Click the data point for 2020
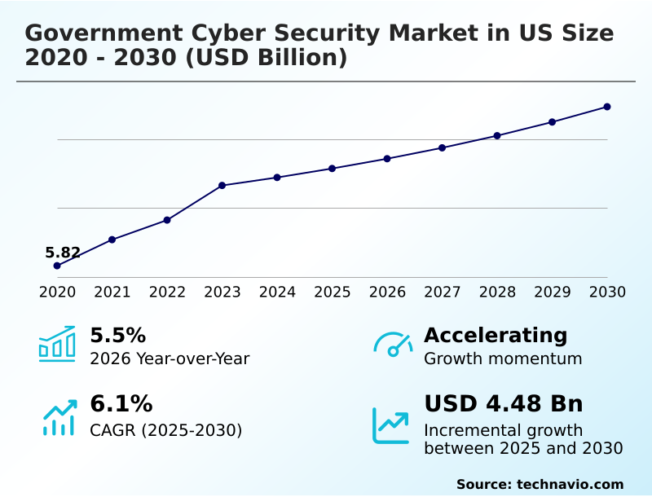[57, 266]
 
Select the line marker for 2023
[222, 186]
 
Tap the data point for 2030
[607, 107]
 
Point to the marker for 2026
[387, 159]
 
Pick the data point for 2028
[497, 135]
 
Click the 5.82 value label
[63, 253]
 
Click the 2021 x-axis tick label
[112, 292]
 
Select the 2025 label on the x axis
[333, 292]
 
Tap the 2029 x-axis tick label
[553, 292]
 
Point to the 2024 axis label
[277, 292]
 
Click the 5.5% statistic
[117, 336]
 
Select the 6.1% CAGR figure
[121, 404]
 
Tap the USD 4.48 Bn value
[504, 404]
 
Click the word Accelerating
[496, 336]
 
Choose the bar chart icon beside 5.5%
[57, 345]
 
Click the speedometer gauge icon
[393, 345]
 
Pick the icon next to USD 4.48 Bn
[391, 425]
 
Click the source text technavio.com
[570, 484]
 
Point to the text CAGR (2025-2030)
[166, 430]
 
